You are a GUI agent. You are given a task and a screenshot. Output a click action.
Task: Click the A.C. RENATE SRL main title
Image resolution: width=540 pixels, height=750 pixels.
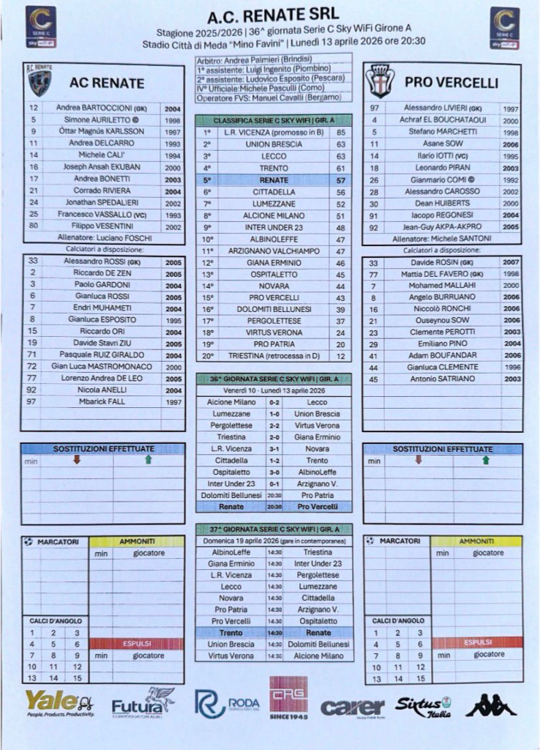(270, 15)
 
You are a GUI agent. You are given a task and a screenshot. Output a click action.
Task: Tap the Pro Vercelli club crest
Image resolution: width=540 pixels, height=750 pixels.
(380, 81)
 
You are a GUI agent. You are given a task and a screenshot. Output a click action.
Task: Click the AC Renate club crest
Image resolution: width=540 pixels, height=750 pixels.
(40, 81)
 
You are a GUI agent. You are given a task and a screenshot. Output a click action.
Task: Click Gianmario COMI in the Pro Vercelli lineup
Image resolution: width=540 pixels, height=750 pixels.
(439, 179)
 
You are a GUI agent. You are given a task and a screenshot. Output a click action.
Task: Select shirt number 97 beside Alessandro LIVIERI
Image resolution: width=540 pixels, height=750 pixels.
(373, 108)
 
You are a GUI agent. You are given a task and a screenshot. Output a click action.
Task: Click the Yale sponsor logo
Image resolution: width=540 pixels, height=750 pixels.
(59, 703)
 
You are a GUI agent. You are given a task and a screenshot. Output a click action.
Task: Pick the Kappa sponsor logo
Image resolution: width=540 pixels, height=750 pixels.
(491, 705)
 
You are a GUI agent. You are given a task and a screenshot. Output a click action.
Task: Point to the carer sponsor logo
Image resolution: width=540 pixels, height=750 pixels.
(353, 707)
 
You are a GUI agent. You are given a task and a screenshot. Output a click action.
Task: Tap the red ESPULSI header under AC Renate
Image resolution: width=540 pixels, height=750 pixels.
(137, 643)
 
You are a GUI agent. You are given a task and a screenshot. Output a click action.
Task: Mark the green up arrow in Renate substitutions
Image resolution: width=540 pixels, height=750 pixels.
(149, 460)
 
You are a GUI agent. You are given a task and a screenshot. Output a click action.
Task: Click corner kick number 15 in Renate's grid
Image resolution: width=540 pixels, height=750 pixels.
(77, 679)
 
